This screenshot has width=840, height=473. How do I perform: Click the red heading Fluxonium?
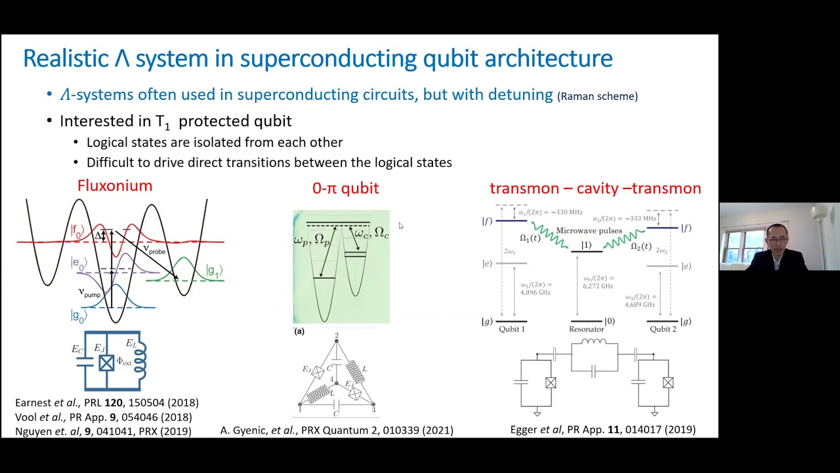[x=115, y=186]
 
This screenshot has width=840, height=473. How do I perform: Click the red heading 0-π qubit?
[x=345, y=189]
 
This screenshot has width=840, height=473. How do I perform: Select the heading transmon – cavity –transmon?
[x=595, y=189]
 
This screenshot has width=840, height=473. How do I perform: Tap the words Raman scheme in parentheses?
[x=597, y=97]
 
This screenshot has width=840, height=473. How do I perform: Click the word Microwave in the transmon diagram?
[x=579, y=231]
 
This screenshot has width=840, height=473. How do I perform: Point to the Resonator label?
[x=586, y=329]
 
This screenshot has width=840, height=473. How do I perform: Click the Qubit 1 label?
[x=512, y=329]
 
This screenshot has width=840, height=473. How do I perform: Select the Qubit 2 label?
[x=663, y=329]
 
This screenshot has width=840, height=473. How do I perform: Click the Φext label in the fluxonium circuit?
[x=124, y=361]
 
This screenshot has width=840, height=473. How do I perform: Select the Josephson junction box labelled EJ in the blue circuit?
[x=106, y=363]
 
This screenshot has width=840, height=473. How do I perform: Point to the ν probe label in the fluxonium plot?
[x=156, y=250]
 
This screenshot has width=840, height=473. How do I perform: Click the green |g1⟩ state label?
[x=214, y=271]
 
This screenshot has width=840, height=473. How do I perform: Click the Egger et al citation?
[x=602, y=430]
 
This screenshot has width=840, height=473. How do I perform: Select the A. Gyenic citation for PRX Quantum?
[x=337, y=430]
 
